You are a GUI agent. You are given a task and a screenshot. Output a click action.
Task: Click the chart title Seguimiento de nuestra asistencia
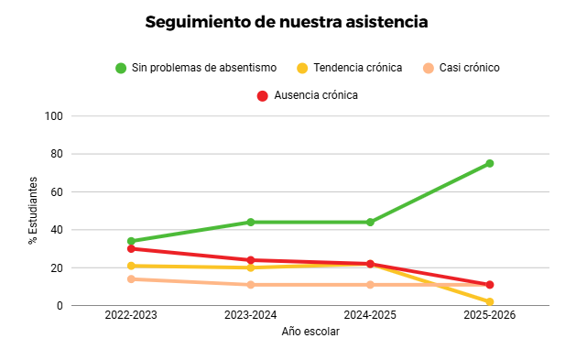tap(287, 22)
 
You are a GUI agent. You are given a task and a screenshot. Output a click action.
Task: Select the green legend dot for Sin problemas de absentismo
tap(121, 68)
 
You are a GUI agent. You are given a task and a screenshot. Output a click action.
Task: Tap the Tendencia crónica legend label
tap(357, 68)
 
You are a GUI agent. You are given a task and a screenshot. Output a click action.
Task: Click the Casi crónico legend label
tap(470, 68)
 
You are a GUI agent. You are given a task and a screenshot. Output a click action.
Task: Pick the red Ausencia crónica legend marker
tap(263, 96)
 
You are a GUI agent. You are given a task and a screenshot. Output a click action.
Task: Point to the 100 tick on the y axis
tap(53, 116)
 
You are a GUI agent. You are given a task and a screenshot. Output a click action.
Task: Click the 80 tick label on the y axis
tap(57, 154)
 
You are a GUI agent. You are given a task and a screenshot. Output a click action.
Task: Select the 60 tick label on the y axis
tap(57, 191)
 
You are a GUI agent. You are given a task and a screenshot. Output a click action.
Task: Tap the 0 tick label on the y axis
tap(60, 306)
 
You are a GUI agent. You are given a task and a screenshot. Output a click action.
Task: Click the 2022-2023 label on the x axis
tap(131, 315)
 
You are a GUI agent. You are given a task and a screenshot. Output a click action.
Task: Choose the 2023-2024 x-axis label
tap(250, 315)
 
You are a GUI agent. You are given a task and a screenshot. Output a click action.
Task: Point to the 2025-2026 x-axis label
tap(490, 315)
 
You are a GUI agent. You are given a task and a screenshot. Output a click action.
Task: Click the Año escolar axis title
tap(310, 332)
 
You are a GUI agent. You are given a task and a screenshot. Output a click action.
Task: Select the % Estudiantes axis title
tap(33, 211)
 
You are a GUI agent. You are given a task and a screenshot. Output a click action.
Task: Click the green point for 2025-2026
tap(490, 163)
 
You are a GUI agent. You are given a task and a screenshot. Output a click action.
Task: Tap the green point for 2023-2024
tap(250, 223)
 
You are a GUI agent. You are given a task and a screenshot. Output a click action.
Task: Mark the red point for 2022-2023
tap(131, 249)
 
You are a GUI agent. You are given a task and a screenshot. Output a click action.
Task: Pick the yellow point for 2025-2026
tap(490, 302)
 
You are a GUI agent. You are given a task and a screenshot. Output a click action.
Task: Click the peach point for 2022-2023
tap(131, 279)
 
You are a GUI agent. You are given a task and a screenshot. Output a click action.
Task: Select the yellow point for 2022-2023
tap(131, 266)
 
